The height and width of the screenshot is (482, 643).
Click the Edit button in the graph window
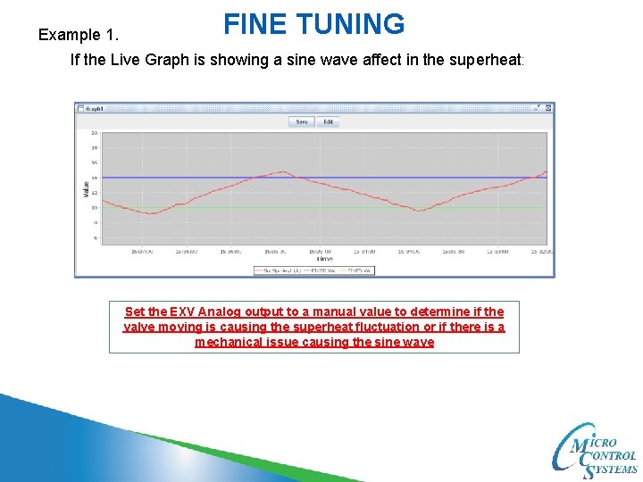[328, 121]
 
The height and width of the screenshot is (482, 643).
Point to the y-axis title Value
[86, 188]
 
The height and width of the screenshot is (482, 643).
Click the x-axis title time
[323, 259]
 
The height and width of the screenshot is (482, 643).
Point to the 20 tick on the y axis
[94, 133]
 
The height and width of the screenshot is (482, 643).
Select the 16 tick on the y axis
[94, 163]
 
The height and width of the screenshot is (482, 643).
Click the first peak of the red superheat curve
[283, 171]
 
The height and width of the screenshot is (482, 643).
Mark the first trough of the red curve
[152, 213]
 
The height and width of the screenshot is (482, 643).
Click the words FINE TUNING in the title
[313, 24]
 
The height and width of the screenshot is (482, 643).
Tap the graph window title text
[94, 108]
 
